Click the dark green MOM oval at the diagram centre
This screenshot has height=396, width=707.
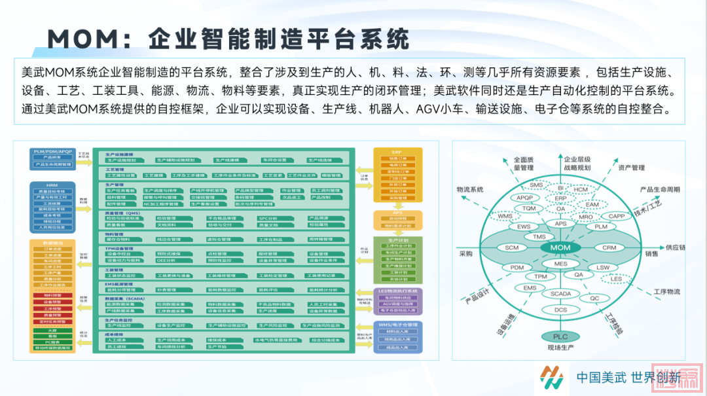click(x=560, y=248)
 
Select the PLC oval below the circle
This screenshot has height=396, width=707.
click(x=560, y=336)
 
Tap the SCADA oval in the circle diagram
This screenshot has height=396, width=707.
click(x=560, y=294)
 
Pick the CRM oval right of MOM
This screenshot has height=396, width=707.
click(x=609, y=248)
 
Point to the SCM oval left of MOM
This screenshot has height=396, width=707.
click(x=512, y=248)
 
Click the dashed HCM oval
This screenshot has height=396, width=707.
click(x=581, y=190)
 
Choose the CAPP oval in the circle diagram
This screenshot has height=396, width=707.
click(x=616, y=216)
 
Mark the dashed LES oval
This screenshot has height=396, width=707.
click(x=616, y=279)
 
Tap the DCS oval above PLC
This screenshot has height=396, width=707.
click(x=561, y=310)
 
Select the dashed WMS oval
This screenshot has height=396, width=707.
click(x=505, y=216)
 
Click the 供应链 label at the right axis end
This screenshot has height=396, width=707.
click(x=677, y=248)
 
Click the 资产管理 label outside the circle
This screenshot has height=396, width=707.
click(x=631, y=168)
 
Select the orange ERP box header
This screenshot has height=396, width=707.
click(x=397, y=151)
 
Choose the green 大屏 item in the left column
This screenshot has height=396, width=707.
click(x=52, y=331)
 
